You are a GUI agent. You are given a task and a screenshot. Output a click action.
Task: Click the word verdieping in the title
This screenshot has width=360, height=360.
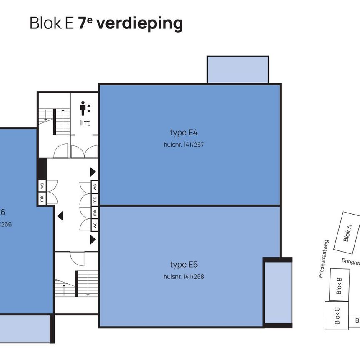coord(139,23)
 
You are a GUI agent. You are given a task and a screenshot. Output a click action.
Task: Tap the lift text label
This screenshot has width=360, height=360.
coord(85,123)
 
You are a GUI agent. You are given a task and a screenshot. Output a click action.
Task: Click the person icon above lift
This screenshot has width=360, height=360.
coord(83,108)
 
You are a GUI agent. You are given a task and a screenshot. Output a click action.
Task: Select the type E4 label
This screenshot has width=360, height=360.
coord(183,132)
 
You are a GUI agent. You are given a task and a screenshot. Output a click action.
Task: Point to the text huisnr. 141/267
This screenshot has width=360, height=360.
coord(183,145)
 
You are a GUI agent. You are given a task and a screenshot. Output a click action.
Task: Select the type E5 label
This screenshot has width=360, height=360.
coord(183,265)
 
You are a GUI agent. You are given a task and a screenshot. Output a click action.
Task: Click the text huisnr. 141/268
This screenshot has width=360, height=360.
coord(183,276)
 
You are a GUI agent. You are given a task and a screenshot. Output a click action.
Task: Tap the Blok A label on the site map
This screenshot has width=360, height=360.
coord(347,233)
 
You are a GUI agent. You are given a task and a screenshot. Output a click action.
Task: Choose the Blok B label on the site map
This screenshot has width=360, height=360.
coord(339,285)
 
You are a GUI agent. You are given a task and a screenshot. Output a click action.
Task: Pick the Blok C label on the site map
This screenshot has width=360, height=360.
coord(337,315)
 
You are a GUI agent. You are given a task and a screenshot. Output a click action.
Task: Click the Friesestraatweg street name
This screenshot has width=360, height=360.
coord(324,258)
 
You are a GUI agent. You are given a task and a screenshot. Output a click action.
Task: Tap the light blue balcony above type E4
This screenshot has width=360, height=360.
coord(237,70)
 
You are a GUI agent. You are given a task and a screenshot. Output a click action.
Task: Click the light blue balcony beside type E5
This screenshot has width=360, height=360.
coord(277,292)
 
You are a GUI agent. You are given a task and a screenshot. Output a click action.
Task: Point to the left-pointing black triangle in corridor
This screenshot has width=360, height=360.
coord(60,216)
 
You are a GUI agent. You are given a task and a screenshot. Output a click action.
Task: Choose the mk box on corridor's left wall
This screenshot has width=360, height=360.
coord(42,199)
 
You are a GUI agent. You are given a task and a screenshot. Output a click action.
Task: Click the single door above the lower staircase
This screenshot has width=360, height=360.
coord(77,260)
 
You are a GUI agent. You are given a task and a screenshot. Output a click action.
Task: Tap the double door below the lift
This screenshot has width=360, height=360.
coord(84,151)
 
